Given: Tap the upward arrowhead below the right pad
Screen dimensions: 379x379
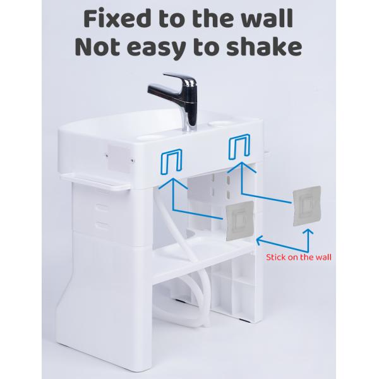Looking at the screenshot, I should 308,233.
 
